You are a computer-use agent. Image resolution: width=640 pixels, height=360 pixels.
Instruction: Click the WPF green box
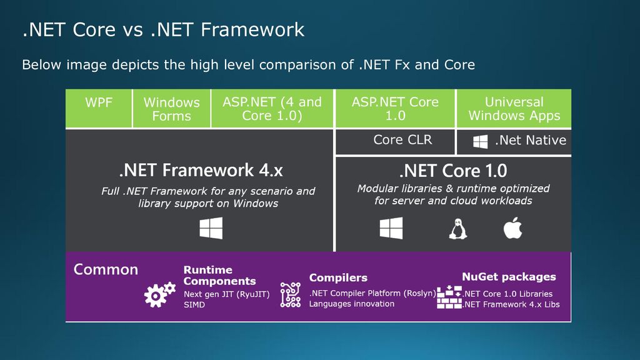tap(99, 108)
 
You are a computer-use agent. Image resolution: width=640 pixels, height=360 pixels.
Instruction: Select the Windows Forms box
tap(171, 108)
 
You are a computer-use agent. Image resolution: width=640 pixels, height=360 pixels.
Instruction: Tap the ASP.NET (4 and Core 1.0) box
tap(272, 108)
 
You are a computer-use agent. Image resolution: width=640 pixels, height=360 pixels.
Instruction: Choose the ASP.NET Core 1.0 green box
tap(395, 108)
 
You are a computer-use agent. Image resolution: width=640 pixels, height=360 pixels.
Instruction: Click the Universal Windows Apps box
tap(514, 108)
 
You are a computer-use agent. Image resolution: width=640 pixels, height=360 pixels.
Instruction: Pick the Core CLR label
tap(402, 139)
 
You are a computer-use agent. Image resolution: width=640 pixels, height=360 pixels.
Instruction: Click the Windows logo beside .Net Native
tap(481, 142)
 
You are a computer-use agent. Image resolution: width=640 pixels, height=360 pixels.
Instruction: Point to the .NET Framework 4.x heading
tap(201, 170)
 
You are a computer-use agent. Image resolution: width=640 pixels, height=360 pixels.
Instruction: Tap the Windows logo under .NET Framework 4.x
tap(211, 227)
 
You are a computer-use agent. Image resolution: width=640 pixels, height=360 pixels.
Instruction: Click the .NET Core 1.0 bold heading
tap(453, 171)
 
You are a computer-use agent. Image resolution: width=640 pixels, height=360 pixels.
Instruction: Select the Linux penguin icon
tap(458, 229)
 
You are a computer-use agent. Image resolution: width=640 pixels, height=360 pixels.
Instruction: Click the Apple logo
tap(512, 227)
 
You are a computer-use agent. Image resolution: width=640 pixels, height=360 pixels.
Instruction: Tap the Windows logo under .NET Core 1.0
tap(391, 227)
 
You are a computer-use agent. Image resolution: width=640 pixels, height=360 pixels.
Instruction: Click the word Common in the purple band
tap(106, 269)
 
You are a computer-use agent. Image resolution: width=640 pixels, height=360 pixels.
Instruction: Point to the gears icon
tap(159, 294)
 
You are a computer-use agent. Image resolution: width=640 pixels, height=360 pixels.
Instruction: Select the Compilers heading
tap(338, 277)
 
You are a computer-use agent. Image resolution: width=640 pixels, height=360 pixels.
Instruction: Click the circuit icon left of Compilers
tap(291, 295)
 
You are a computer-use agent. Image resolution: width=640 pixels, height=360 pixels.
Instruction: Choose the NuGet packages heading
tap(509, 277)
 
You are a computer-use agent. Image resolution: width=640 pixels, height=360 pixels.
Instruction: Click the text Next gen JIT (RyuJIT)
tap(226, 294)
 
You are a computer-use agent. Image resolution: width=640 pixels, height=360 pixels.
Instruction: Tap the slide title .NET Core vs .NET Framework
tap(163, 29)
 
